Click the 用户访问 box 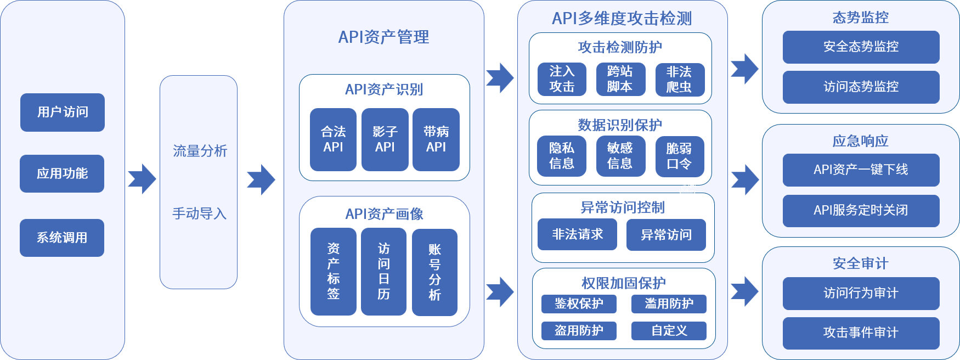(62, 112)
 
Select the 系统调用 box (61, 238)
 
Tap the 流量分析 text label (200, 151)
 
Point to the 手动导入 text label (200, 213)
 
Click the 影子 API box (385, 139)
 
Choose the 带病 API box (436, 139)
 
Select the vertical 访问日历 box (383, 272)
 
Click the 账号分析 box (434, 272)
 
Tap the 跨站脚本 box (620, 79)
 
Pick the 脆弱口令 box (679, 156)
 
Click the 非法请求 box (577, 234)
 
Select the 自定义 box (669, 330)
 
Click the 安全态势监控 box (861, 47)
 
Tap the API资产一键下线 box (861, 170)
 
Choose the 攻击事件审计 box (861, 333)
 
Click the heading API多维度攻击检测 (622, 18)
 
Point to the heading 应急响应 (860, 141)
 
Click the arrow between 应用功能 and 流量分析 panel (142, 179)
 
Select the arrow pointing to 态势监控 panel (744, 69)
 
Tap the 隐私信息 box (562, 156)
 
